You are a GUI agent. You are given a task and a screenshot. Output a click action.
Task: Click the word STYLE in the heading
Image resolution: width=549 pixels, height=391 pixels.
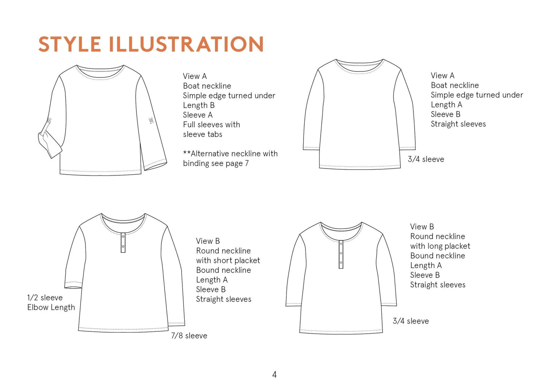point(70,44)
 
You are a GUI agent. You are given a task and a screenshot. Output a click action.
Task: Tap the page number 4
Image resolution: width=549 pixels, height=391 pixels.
point(274,375)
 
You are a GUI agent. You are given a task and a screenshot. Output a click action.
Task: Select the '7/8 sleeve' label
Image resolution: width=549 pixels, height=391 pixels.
point(189,336)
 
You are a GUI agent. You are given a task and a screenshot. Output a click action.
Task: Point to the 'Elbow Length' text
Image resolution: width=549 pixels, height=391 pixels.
point(51,307)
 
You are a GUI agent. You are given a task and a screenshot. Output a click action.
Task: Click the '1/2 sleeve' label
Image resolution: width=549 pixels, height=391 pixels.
point(45,298)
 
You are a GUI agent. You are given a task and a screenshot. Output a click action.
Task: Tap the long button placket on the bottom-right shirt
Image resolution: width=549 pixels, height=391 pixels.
point(341,254)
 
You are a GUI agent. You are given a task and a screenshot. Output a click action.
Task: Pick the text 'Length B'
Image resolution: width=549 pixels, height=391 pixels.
point(199,105)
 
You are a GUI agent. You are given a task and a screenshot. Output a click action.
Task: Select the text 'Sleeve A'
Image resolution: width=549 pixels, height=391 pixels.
point(198,115)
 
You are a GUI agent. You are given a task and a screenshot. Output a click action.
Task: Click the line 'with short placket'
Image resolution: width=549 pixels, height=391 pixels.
point(228,260)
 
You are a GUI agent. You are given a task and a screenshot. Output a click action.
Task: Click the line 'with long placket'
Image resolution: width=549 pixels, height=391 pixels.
point(440,246)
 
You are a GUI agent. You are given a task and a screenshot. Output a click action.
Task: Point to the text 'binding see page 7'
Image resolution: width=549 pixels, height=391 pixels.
point(216,163)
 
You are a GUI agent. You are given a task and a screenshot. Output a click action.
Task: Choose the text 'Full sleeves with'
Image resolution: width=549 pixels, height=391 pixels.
point(211,125)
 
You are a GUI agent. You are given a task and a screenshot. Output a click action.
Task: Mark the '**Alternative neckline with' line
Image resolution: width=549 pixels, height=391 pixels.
point(230,154)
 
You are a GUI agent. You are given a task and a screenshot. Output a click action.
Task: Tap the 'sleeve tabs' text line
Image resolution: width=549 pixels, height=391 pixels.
point(203,134)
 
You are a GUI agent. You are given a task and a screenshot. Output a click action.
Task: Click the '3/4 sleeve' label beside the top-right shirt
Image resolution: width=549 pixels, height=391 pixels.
point(426,159)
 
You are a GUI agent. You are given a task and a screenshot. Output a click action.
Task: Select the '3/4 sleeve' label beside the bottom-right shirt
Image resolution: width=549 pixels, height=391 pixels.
point(410,321)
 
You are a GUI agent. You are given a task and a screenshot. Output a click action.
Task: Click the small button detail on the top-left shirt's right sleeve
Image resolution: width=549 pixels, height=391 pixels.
point(151,120)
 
